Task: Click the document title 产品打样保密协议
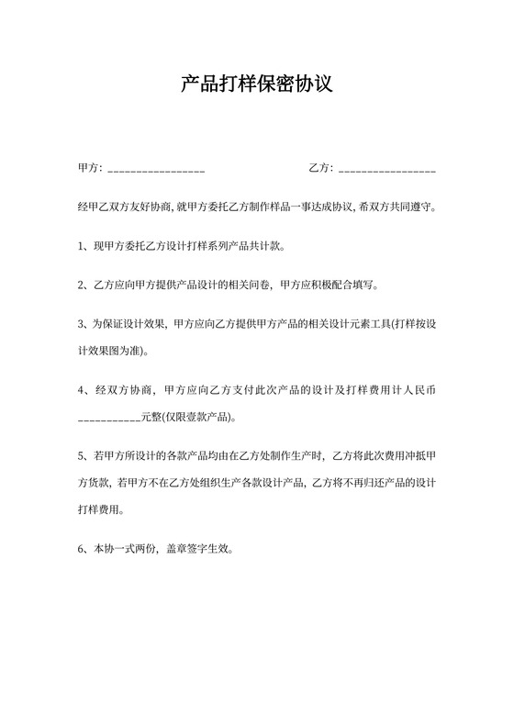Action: click(257, 85)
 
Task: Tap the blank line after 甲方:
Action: click(156, 171)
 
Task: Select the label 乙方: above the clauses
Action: click(322, 168)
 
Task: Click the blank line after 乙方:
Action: click(387, 171)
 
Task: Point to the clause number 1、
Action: click(84, 246)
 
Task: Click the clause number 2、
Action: click(84, 285)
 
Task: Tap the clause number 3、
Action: click(84, 324)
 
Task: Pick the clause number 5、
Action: click(84, 454)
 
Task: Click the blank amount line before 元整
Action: click(109, 419)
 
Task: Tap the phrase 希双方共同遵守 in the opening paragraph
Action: click(397, 207)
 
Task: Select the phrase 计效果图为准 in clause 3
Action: click(109, 351)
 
